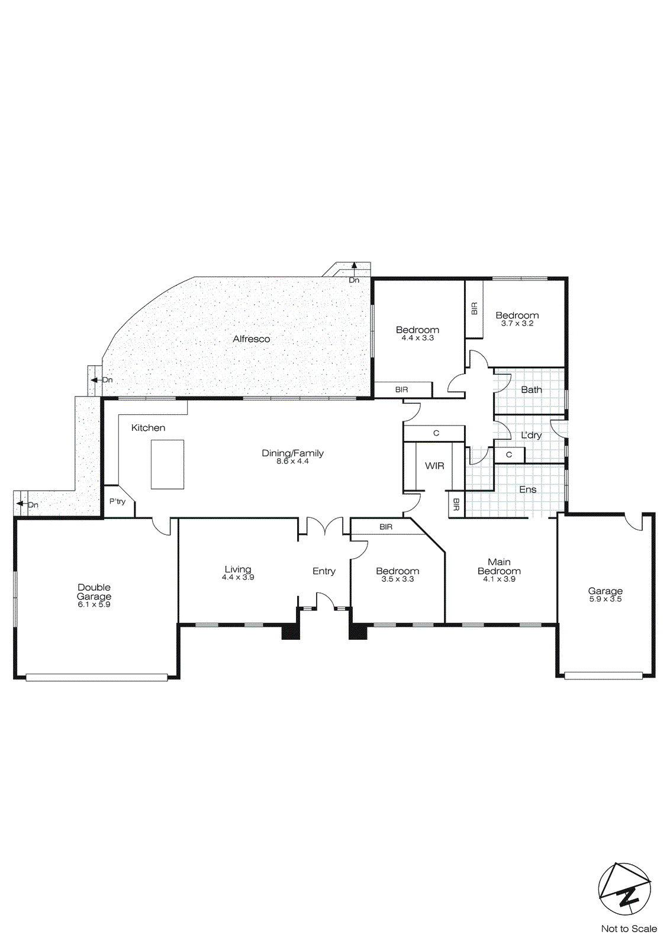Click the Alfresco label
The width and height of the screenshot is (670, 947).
pos(251,339)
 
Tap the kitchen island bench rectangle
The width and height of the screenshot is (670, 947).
pos(167,464)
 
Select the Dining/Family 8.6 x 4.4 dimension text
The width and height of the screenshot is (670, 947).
pos(292,461)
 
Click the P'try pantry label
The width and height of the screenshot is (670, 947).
pos(117,501)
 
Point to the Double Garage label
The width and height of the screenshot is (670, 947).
pos(94,592)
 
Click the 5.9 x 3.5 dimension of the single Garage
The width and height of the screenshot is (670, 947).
pos(605,599)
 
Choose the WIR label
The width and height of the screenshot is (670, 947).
pos(434,466)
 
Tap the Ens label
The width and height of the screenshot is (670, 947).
pos(527,489)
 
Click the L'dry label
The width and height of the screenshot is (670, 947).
pos(531,435)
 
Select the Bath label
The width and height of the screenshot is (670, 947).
pos(531,389)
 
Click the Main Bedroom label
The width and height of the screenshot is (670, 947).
pos(499,566)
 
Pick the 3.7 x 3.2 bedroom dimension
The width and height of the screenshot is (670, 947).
pos(517,324)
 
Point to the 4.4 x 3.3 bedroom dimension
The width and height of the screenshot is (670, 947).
pos(417,338)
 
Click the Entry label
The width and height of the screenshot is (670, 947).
pos(324,571)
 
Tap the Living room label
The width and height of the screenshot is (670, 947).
pos(237,569)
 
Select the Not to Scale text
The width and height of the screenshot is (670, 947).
pos(629,929)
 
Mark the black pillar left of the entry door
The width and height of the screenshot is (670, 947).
pos(290,632)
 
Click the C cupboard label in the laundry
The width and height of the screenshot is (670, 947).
pos(509,455)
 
